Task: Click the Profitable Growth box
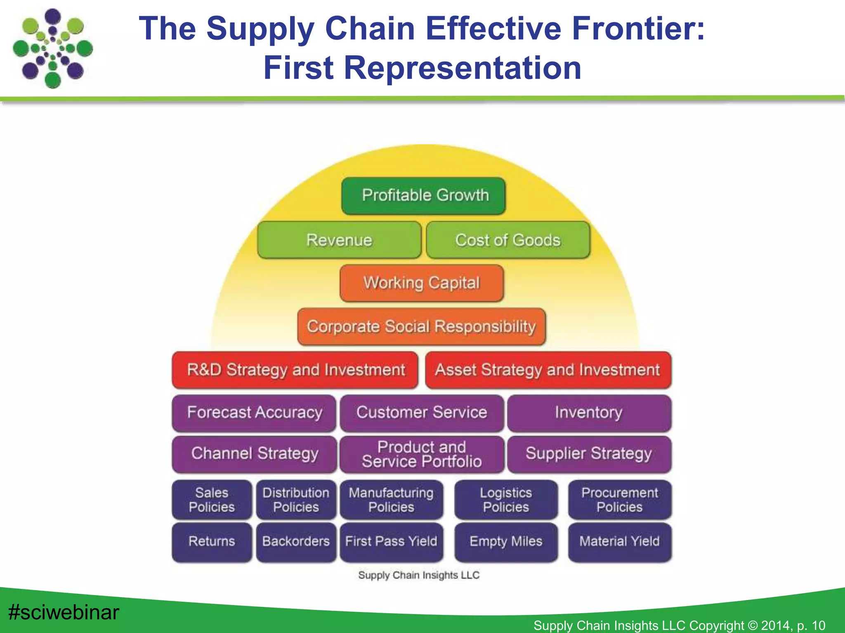click(423, 196)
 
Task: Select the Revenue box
click(339, 240)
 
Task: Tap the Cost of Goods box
click(508, 240)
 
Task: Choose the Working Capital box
click(422, 283)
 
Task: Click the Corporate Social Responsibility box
click(421, 326)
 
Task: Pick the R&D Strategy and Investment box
click(295, 370)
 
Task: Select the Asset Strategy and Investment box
click(548, 370)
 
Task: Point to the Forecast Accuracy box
click(254, 413)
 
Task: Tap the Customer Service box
click(422, 413)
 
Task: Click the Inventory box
click(589, 413)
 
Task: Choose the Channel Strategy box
click(254, 454)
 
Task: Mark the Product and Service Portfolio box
click(422, 454)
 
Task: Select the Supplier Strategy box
click(589, 454)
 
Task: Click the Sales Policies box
click(212, 499)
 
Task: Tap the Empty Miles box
click(506, 542)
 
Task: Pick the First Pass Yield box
click(391, 542)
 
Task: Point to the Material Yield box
click(619, 542)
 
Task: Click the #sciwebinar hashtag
click(64, 612)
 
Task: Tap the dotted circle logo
click(53, 49)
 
